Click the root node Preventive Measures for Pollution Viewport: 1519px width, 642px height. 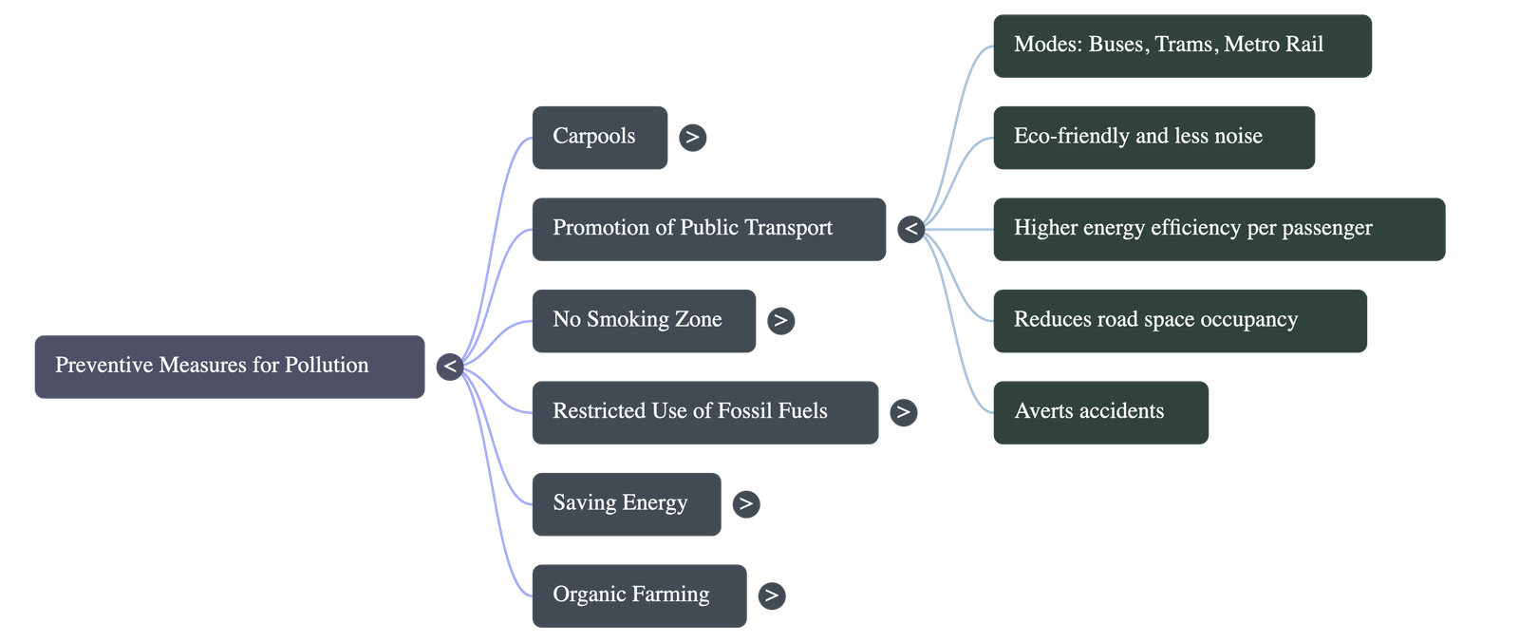coord(230,366)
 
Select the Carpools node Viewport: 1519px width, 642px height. coord(599,137)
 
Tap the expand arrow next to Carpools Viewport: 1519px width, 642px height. coord(692,137)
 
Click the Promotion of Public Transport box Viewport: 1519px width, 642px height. coord(708,229)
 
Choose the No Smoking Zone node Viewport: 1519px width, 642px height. coord(643,320)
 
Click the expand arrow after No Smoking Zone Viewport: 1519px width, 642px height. coord(780,321)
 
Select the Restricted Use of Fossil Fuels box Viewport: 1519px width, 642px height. coord(703,412)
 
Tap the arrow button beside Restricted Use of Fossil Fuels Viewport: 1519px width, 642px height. coord(903,412)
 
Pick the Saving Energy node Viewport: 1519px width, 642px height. coord(626,503)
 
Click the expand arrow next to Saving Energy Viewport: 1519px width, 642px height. coord(745,504)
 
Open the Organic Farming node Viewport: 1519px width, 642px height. coord(638,595)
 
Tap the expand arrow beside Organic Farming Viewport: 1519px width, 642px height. coord(771,595)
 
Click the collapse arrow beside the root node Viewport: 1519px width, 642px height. coord(449,366)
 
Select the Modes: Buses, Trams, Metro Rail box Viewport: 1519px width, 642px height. coord(1182,45)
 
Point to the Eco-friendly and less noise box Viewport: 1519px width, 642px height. coord(1153,137)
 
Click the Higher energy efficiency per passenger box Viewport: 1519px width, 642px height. coord(1218,229)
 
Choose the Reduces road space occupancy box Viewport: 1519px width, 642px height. coord(1179,320)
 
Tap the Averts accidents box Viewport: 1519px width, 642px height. coord(1100,412)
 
